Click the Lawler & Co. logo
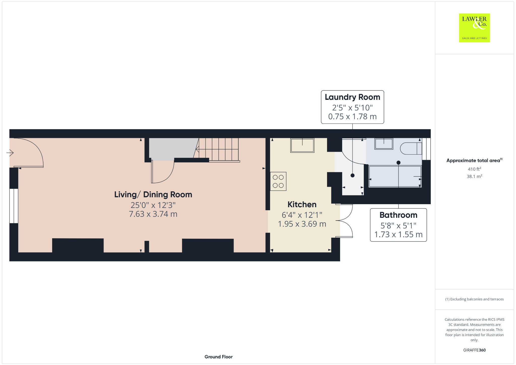click(474, 28)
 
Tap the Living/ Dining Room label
click(153, 195)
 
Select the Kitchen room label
click(302, 204)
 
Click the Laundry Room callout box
click(352, 107)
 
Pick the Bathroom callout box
click(398, 225)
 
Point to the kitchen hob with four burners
click(278, 181)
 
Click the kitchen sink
click(302, 145)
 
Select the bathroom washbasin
click(384, 144)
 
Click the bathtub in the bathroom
click(395, 176)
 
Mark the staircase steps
click(218, 149)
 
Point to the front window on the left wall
click(14, 206)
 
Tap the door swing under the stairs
click(163, 171)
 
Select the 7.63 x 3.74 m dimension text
click(153, 214)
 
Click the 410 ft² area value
click(474, 169)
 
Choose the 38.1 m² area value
click(474, 176)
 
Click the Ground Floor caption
click(218, 357)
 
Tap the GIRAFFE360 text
click(474, 350)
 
